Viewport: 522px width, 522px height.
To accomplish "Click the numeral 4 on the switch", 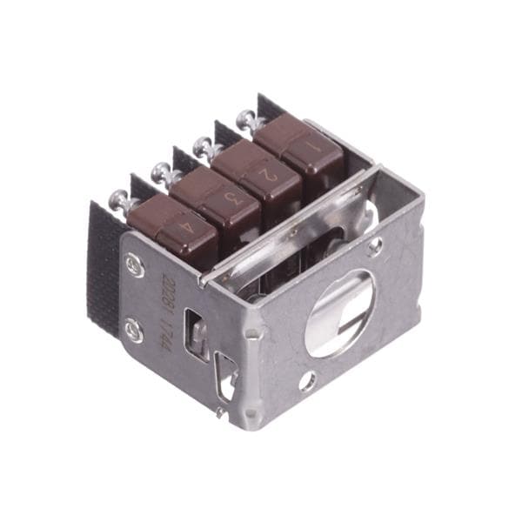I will coord(186,229).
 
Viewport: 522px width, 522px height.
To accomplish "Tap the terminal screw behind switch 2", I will coord(204,144).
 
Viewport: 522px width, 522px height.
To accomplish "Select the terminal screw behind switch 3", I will coord(162,172).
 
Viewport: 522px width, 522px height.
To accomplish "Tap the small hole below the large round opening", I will coord(307,380).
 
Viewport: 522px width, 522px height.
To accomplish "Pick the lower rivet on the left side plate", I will coord(133,328).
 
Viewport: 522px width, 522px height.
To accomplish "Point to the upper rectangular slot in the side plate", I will coord(198,333).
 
